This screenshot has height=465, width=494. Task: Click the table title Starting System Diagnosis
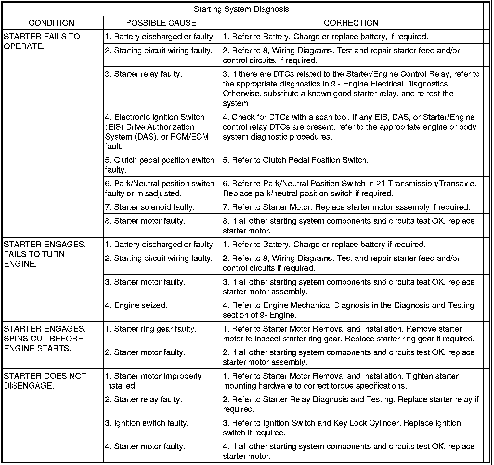click(241, 9)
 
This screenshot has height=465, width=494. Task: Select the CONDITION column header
click(51, 23)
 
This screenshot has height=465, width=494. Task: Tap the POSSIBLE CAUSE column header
click(161, 23)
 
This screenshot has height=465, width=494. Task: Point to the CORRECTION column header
click(351, 23)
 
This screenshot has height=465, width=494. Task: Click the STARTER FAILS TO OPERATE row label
click(42, 41)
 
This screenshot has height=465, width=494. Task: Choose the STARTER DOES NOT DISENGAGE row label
click(45, 381)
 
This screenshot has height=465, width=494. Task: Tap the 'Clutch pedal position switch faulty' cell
click(160, 165)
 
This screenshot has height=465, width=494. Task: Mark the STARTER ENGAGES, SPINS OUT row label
click(45, 339)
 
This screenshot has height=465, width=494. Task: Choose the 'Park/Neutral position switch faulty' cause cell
click(160, 189)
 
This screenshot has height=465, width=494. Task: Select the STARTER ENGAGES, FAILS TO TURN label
click(45, 254)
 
